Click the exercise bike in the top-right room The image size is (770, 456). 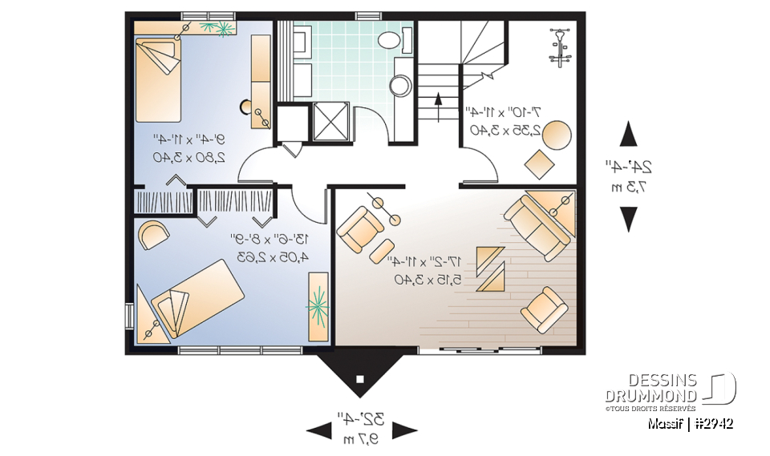tap(559, 46)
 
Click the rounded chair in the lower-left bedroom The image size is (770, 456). tap(152, 235)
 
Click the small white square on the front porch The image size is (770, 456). tap(361, 378)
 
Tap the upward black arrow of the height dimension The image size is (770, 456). tap(629, 134)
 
